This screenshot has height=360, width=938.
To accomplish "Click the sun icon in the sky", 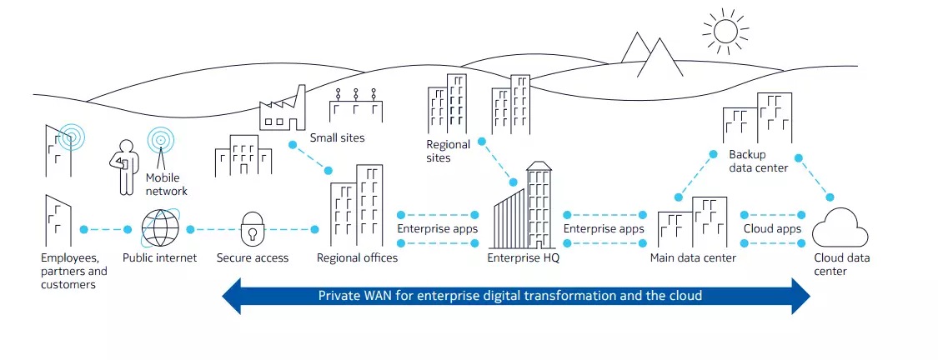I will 725,31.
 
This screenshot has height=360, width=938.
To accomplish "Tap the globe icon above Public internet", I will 159,228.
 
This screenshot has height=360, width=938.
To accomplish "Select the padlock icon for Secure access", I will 252,228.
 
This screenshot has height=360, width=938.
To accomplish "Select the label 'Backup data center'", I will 758,161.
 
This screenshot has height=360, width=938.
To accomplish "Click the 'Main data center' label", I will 693,258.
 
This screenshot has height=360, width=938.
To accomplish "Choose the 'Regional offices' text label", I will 357,258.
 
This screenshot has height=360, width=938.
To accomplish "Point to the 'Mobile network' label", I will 166,184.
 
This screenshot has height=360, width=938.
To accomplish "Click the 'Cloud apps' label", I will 772,228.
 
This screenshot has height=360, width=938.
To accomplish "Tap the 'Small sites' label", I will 337,137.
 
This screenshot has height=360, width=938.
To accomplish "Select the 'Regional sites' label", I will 448,151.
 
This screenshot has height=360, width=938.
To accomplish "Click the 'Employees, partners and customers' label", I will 74,271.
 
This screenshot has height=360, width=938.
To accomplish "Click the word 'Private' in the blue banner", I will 339,296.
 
